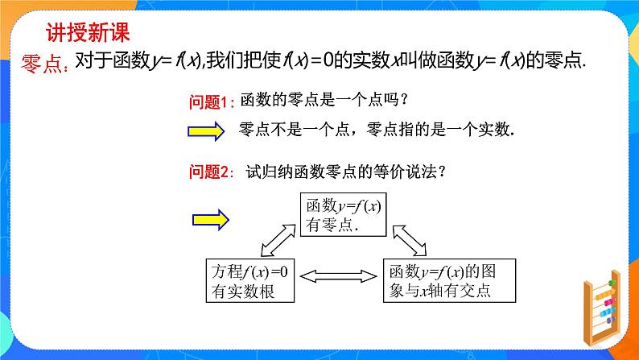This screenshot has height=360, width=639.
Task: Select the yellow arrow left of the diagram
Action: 212,217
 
